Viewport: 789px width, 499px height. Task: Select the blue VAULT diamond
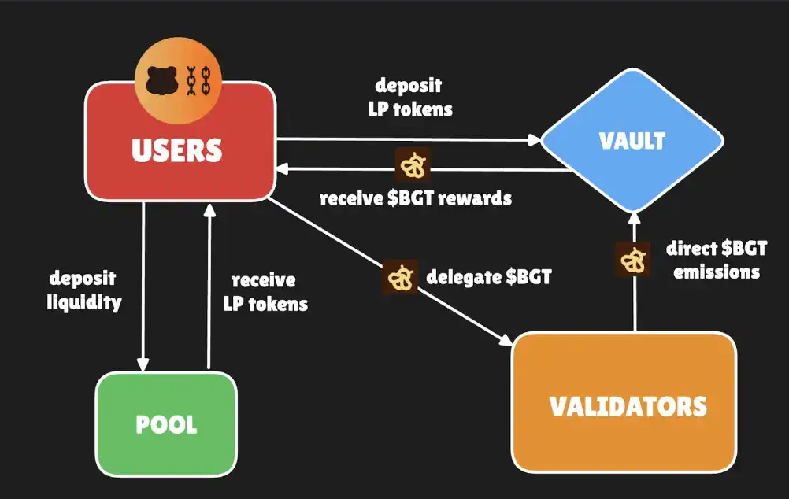tap(632, 141)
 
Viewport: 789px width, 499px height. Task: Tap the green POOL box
tap(166, 423)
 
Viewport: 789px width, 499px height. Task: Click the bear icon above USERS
tap(162, 80)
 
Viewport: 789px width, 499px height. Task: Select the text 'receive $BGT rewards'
tap(415, 198)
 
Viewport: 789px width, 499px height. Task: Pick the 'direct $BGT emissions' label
tap(713, 261)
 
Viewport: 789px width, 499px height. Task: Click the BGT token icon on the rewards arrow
tap(410, 164)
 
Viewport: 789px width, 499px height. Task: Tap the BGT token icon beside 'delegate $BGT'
tap(400, 278)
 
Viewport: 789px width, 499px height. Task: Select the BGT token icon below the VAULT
tap(632, 260)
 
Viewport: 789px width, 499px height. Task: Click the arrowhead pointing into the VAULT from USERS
tap(535, 141)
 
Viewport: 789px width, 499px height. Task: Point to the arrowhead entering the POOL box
tap(143, 364)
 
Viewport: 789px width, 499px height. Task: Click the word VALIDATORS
tap(627, 406)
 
